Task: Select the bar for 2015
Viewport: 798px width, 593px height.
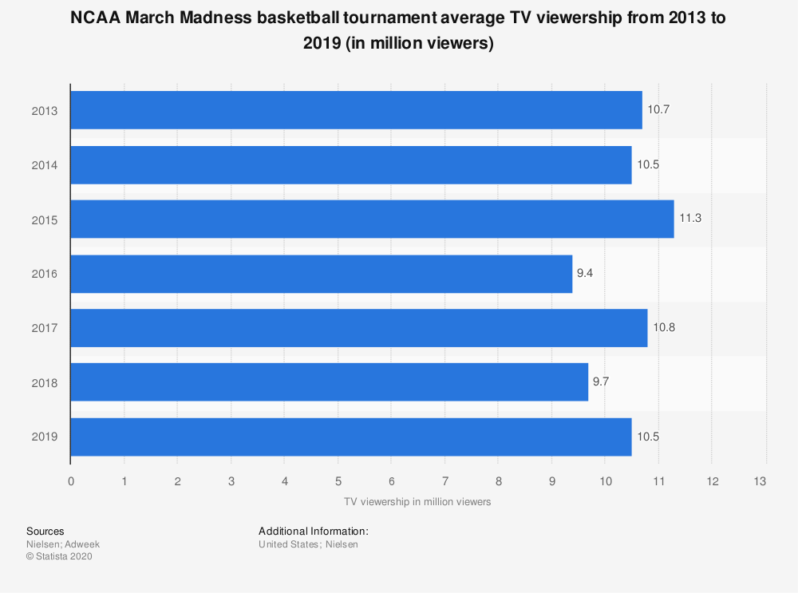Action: coord(372,219)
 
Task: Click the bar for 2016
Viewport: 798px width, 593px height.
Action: coord(322,274)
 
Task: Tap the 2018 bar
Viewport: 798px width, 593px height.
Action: coord(330,382)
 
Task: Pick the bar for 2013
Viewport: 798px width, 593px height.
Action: coord(356,110)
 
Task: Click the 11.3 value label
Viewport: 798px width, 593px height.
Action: coord(690,219)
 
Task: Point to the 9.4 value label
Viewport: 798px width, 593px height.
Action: coord(585,274)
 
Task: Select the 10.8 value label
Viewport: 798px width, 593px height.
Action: coord(663,328)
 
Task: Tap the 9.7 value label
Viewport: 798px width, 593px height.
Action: coord(601,382)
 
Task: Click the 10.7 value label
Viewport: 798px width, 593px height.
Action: coord(658,110)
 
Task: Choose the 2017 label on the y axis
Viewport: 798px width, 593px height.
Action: coord(44,328)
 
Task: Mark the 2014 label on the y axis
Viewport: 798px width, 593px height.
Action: coord(44,165)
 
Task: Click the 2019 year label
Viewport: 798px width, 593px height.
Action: coord(44,437)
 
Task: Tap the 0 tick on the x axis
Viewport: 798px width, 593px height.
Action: coord(71,481)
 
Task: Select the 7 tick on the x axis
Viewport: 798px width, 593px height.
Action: coord(444,481)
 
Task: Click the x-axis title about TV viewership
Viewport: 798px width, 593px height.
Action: coord(417,502)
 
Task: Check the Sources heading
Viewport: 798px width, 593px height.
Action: coord(45,531)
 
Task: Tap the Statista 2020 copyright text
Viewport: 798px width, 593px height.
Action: coord(60,557)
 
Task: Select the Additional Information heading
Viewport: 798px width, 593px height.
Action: coord(314,531)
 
